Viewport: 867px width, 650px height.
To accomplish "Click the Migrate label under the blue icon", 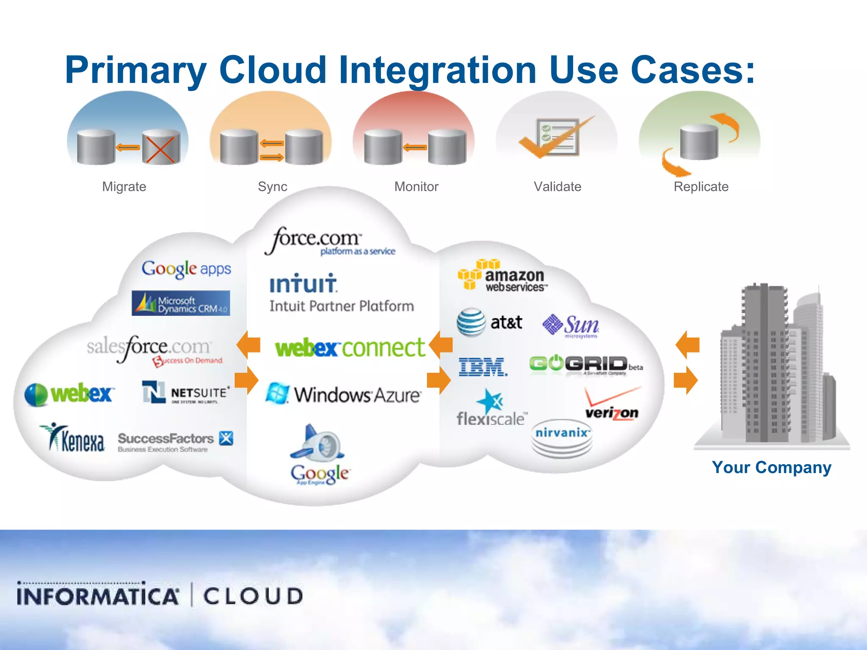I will coord(124,187).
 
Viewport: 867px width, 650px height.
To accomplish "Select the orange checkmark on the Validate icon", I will coord(550,140).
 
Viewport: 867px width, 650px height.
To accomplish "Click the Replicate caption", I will coord(701,187).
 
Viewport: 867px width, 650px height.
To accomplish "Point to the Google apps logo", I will coord(186,269).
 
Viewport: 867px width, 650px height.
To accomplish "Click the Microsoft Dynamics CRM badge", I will coord(181,303).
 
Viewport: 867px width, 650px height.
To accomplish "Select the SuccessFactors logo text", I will coord(166,438).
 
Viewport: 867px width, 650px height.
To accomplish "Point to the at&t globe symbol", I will coord(471,322).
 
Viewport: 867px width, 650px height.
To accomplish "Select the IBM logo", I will coord(483,366).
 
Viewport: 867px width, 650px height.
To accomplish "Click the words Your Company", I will coord(771,468).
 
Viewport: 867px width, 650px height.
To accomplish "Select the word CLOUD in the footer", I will coord(253,596).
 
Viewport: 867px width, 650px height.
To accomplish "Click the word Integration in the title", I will coord(438,70).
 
